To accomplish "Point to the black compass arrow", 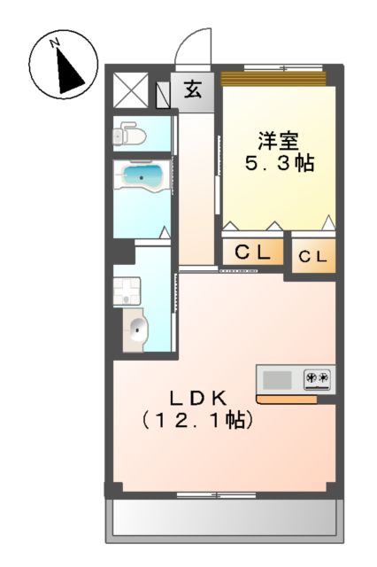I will [x=66, y=70].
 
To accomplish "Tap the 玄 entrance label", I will [x=192, y=89].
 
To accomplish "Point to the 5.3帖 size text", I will [x=279, y=164].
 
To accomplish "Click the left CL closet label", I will [x=252, y=253].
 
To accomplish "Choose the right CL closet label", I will [x=313, y=258].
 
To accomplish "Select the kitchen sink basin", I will [x=277, y=379].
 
